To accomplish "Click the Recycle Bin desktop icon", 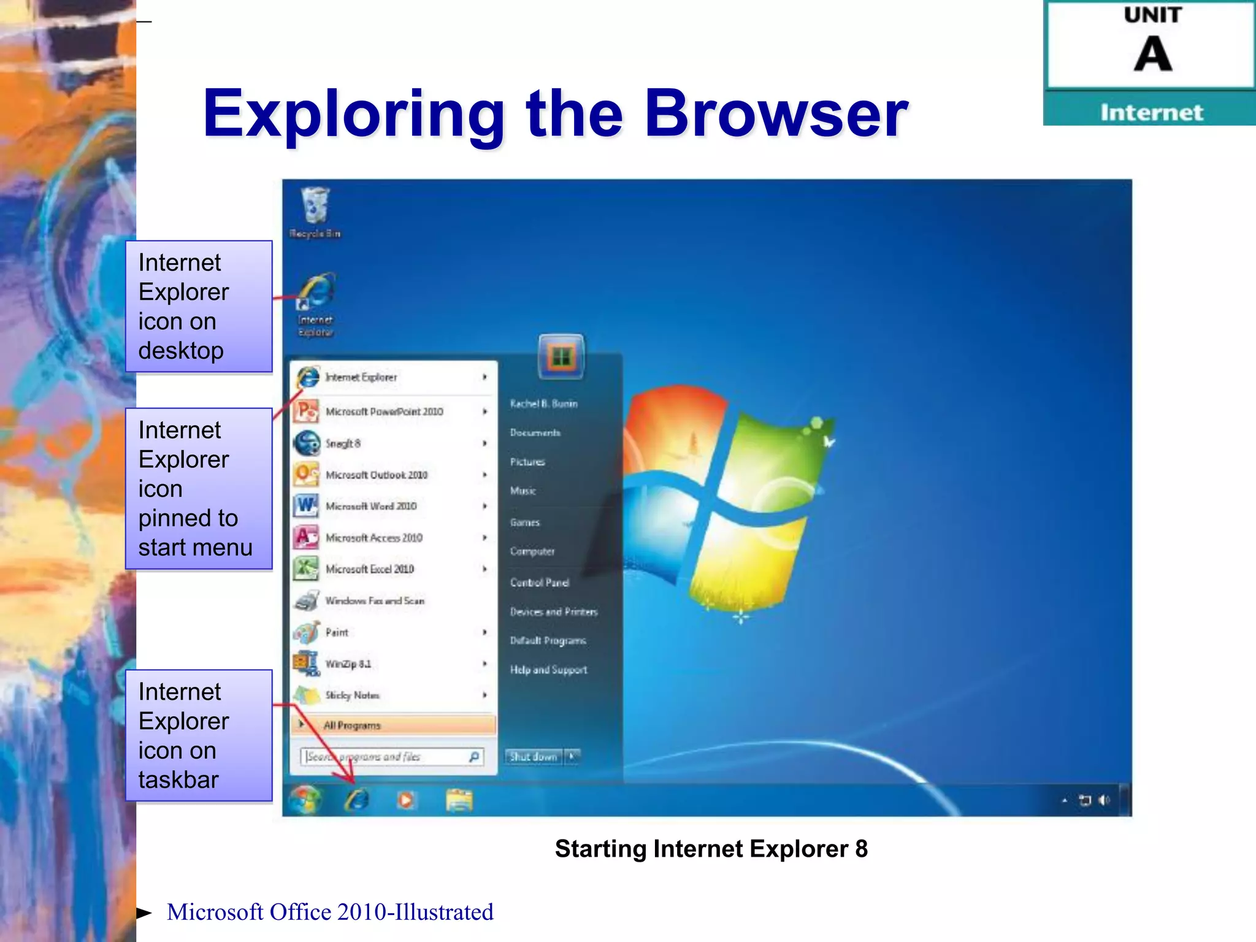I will (315, 209).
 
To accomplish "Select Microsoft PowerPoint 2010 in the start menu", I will (384, 412).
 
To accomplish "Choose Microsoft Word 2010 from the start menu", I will (371, 506).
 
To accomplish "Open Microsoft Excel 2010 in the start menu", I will (369, 569).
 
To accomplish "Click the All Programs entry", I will (352, 726).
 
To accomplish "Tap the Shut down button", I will (533, 757).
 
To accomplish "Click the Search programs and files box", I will (386, 757).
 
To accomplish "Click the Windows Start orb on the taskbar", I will (305, 800).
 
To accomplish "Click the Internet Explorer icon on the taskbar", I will (357, 800).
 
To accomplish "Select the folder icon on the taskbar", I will (459, 800).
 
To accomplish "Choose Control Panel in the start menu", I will (539, 583).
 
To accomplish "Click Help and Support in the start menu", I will (548, 670).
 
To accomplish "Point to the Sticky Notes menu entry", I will (352, 695).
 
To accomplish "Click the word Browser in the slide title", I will (776, 113).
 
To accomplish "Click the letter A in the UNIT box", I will (1152, 54).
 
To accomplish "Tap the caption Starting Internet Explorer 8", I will (711, 849).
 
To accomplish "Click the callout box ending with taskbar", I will (199, 735).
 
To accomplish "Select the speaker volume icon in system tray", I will (1105, 800).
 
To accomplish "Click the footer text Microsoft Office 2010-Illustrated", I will (330, 912).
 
